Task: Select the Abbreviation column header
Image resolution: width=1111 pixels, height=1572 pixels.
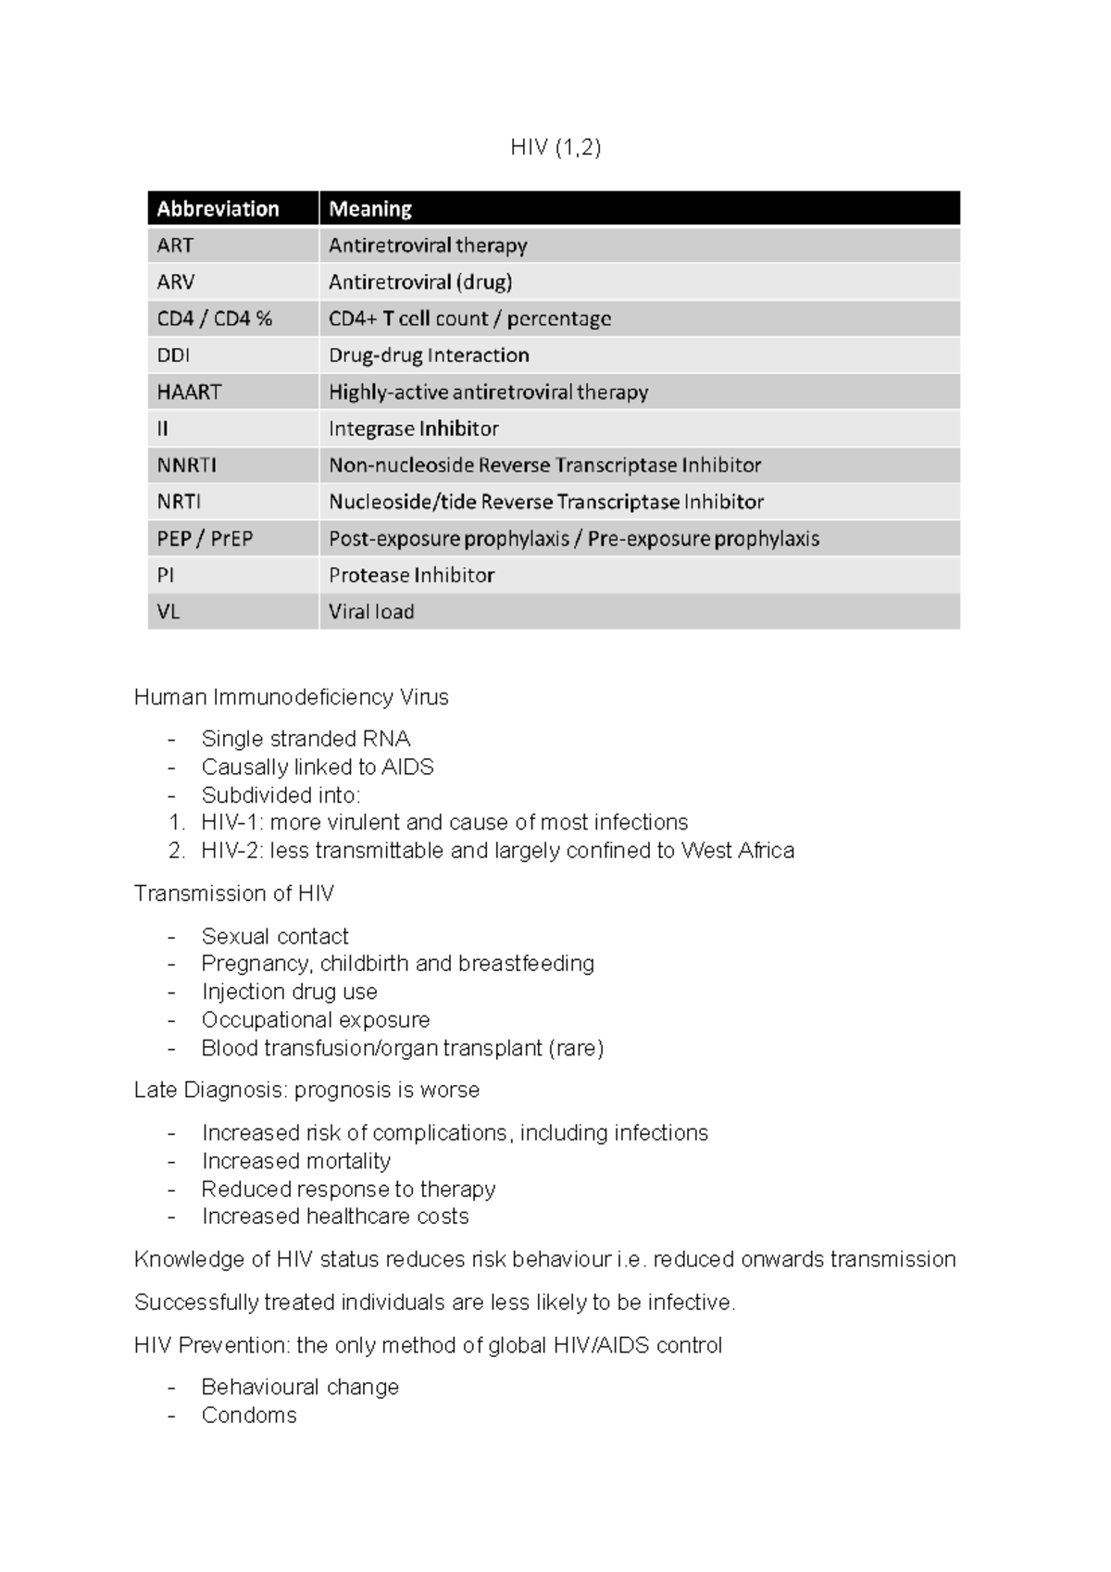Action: (218, 209)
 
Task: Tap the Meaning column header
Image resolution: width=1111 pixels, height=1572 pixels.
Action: (370, 209)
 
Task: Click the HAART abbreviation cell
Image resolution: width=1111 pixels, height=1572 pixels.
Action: (189, 393)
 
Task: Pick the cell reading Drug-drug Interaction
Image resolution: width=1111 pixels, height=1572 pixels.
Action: (429, 356)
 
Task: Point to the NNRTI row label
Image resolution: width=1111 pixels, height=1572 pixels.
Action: (186, 466)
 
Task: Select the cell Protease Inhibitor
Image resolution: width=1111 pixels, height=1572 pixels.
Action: (411, 576)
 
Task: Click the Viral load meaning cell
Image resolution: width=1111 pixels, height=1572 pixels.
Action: (371, 612)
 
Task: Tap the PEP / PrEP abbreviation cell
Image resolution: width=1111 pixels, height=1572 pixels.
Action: (205, 539)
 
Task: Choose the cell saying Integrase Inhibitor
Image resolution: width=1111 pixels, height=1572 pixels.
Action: (413, 429)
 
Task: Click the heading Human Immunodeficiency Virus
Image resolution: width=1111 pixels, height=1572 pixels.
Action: (291, 697)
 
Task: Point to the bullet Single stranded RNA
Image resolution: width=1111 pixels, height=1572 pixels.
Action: (306, 739)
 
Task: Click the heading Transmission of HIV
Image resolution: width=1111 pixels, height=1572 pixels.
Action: (233, 893)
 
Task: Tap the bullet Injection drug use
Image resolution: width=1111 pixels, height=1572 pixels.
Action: (289, 992)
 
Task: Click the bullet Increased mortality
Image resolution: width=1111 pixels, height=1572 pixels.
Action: (295, 1161)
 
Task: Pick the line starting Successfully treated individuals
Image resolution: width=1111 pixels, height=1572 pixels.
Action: (434, 1303)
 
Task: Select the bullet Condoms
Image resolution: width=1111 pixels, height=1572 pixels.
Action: (249, 1416)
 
